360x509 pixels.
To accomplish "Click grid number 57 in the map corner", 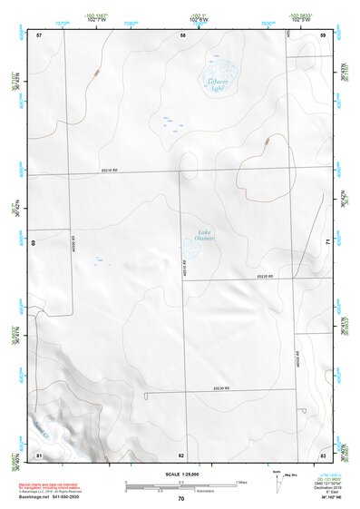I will pos(39,35).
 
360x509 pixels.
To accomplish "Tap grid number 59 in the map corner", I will pos(323,35).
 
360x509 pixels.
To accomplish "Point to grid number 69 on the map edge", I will pos(34,243).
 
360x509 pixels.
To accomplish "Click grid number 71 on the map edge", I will pos(326,240).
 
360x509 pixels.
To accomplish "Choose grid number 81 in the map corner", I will pos(39,454).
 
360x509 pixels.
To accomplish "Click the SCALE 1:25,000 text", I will pos(181,474).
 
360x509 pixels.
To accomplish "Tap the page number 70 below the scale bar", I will pos(181,499).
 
